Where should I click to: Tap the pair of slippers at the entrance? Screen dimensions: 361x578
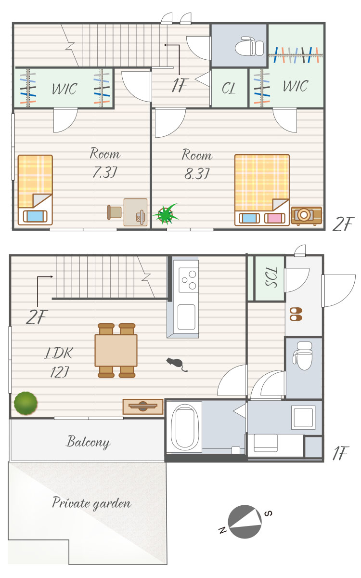296,314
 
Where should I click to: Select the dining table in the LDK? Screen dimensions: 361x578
116,350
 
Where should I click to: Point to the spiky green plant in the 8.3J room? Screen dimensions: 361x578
165,214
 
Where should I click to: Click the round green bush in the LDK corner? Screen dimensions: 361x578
26,403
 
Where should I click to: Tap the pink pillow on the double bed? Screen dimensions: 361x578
275,218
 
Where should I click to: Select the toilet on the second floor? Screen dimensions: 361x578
249,46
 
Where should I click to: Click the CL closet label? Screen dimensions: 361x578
229,88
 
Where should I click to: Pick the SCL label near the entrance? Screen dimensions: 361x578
271,277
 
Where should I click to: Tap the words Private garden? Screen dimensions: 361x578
92,503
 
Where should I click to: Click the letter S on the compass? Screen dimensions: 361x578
268,513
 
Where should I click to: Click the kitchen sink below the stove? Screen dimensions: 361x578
186,317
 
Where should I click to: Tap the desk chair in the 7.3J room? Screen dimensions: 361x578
114,212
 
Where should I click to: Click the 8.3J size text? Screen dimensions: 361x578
196,173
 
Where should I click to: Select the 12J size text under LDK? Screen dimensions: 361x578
59,372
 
